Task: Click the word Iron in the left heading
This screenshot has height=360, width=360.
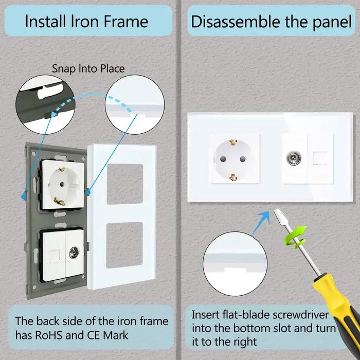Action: click(x=85, y=22)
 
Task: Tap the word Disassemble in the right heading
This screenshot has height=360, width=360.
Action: click(x=236, y=22)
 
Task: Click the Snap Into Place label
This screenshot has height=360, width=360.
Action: click(x=88, y=68)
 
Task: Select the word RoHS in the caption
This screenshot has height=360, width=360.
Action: click(x=48, y=335)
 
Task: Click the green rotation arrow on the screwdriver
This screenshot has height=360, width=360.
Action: click(x=296, y=237)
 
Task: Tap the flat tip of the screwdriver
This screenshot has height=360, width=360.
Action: click(x=278, y=212)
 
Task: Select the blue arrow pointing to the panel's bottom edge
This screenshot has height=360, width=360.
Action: click(x=262, y=222)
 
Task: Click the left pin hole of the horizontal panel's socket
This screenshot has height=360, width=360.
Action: click(x=223, y=159)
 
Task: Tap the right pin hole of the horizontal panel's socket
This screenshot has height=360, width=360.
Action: click(x=243, y=159)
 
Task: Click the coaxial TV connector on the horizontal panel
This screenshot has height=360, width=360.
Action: click(x=294, y=158)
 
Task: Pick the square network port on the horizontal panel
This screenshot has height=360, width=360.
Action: click(x=320, y=158)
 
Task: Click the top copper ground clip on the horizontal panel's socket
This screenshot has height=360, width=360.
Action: click(x=233, y=142)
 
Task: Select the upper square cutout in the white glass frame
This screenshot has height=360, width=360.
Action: click(x=125, y=184)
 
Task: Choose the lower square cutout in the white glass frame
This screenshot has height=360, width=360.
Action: click(x=124, y=245)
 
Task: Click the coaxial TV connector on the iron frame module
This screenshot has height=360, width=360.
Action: click(x=74, y=253)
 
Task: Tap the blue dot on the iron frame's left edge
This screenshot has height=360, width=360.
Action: click(x=23, y=196)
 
